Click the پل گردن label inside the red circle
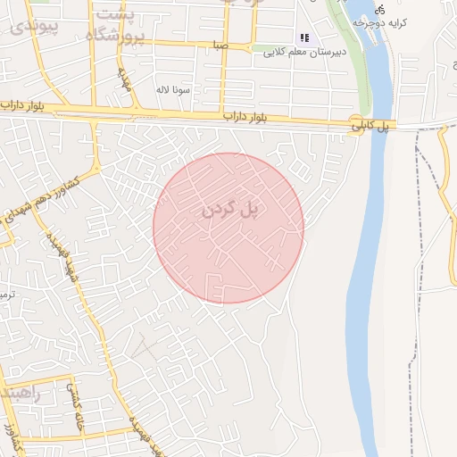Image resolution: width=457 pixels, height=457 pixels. (228, 210)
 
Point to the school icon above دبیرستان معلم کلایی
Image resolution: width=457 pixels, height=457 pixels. (304, 38)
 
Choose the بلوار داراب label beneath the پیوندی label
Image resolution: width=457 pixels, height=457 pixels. (22, 105)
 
